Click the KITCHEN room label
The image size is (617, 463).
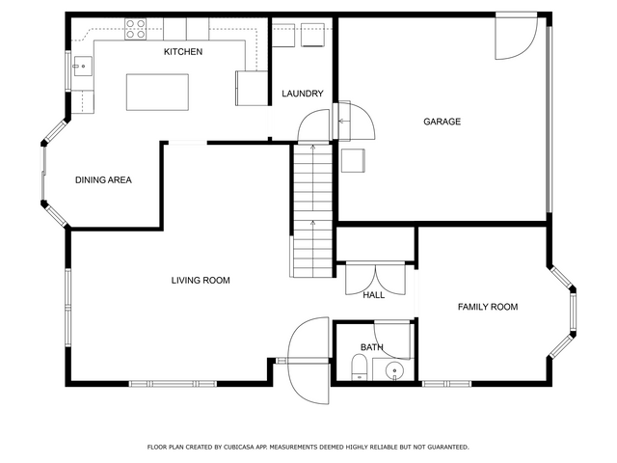183,51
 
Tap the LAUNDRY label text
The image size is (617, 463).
302,94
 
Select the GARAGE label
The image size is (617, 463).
442,122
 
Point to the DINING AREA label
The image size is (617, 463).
103,180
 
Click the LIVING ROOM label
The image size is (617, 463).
201,281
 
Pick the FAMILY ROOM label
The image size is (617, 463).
488,307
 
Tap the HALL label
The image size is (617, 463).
373,295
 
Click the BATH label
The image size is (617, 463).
371,347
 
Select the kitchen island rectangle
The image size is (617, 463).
157,93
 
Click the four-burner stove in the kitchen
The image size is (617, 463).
136,30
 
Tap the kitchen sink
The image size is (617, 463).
82,67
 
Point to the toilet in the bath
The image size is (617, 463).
359,367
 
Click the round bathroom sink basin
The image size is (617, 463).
394,370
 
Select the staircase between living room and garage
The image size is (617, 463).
312,210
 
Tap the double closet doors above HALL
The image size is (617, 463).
376,279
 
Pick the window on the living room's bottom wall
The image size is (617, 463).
173,384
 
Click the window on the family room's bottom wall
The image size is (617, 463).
446,384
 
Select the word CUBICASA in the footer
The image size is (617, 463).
239,448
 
